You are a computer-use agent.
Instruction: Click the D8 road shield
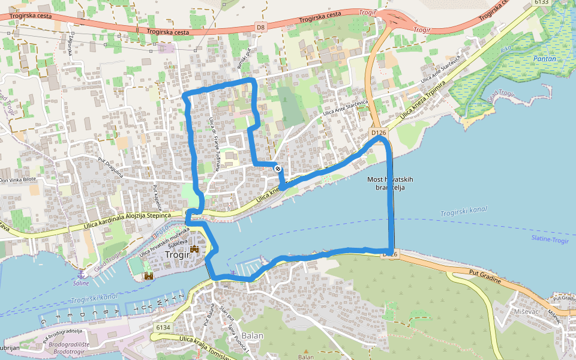tap(260, 27)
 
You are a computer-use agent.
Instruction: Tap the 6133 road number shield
tap(542, 3)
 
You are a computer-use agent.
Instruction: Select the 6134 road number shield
tap(162, 327)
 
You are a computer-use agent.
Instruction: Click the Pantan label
tap(544, 59)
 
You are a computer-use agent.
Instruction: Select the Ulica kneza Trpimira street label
tap(422, 103)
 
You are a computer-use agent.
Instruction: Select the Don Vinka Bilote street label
tap(18, 180)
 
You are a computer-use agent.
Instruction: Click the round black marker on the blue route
tap(278, 168)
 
